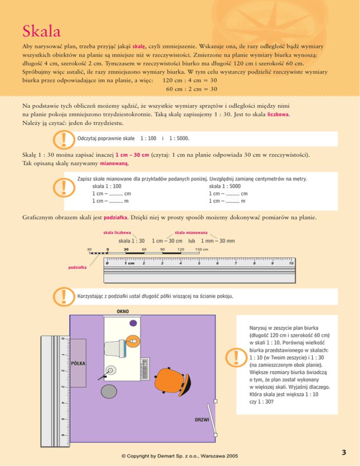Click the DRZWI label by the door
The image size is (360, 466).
[202, 420]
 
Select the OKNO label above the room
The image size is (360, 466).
[123, 311]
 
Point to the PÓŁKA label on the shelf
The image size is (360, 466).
[78, 364]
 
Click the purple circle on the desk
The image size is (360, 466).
[133, 323]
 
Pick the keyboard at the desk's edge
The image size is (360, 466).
[144, 369]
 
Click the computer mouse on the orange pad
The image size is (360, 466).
[133, 342]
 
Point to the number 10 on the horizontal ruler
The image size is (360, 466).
[291, 263]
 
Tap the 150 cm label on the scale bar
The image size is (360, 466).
[202, 249]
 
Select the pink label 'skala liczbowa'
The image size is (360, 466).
[117, 232]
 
